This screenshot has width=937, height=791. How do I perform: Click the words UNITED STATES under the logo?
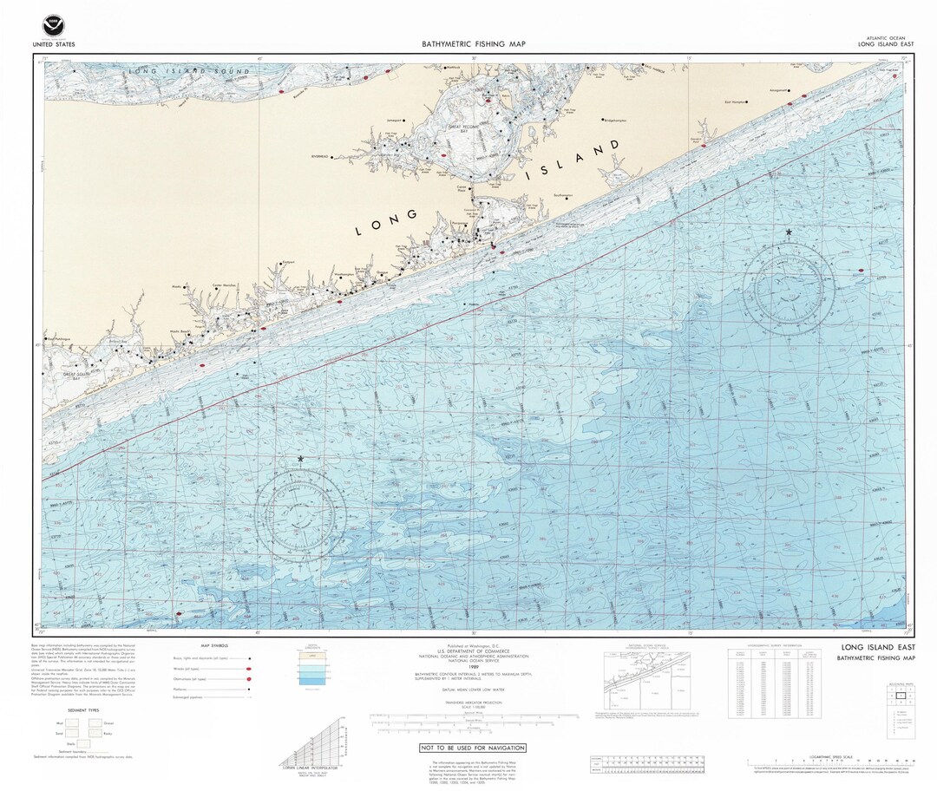[53, 43]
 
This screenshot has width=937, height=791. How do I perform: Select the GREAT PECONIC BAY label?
[470, 130]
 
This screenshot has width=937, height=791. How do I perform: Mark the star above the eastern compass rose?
[789, 232]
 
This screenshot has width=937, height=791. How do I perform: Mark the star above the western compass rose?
[301, 458]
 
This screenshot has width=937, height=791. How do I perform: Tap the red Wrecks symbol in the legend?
[248, 670]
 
